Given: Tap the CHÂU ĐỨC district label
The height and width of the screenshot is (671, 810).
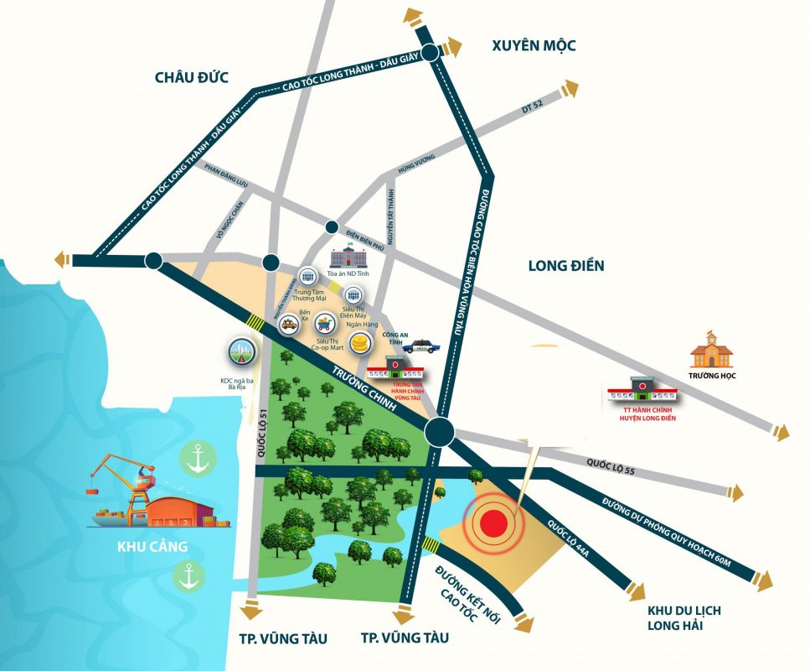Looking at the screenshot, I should tap(193, 77).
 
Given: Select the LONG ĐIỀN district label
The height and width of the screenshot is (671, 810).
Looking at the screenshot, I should tap(566, 266).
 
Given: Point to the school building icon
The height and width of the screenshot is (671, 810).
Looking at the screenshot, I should tap(711, 344).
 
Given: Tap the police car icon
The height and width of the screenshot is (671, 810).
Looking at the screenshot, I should tap(420, 345).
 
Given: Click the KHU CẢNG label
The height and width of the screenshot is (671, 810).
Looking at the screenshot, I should tap(152, 547).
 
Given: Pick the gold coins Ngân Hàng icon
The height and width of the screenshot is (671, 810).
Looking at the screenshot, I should tap(361, 342).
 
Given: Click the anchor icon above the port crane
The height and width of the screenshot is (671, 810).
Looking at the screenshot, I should tap(198, 458).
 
